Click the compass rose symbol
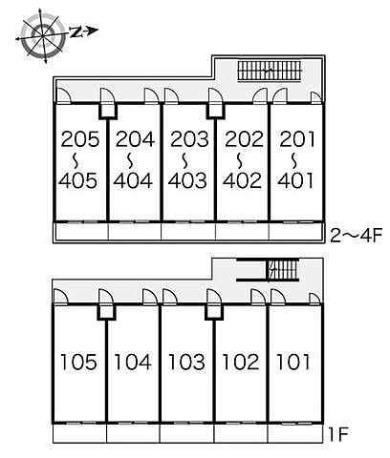tap(43, 35)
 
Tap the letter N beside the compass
tap(76, 31)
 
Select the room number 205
tap(80, 139)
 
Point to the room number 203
tap(189, 139)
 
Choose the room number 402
tap(242, 180)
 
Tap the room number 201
tap(297, 139)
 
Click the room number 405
tap(78, 180)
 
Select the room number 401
tap(295, 180)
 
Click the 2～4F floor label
tap(356, 236)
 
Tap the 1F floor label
tap(338, 434)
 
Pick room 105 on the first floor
tap(78, 362)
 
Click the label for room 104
tap(133, 362)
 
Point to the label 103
tap(186, 362)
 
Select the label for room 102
tap(241, 362)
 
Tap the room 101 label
tap(293, 362)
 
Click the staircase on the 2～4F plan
tap(270, 72)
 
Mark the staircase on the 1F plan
tap(283, 270)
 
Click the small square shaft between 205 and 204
tap(108, 112)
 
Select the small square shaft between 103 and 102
tap(214, 311)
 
